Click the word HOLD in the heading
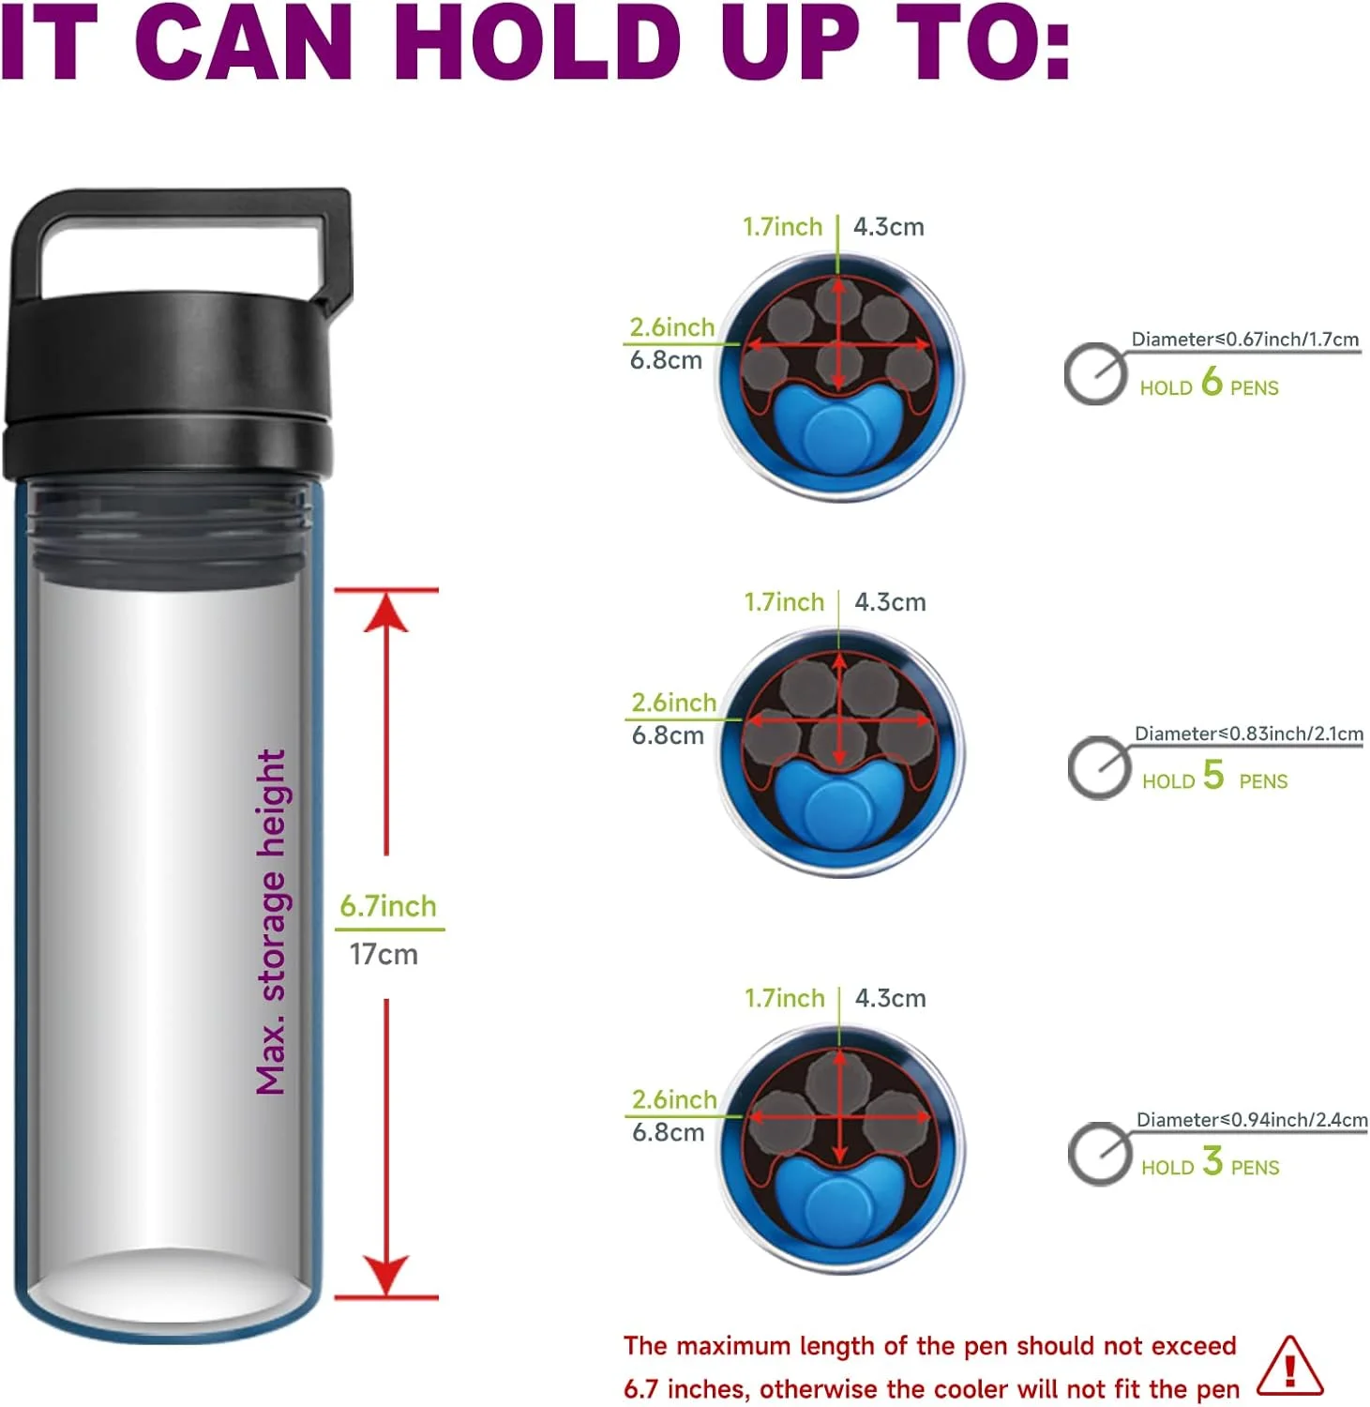click(x=538, y=42)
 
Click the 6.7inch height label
click(x=388, y=906)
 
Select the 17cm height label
click(x=384, y=955)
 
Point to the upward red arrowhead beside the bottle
click(x=386, y=612)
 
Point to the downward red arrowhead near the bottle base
click(x=386, y=1276)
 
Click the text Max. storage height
click(x=271, y=922)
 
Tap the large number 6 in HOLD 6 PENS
click(x=1212, y=381)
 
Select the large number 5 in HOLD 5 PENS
click(x=1213, y=774)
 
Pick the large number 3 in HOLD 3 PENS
click(x=1212, y=1160)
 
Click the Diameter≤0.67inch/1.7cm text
click(x=1244, y=339)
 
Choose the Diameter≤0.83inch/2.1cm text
click(x=1249, y=734)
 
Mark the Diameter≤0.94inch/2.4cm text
click(x=1252, y=1120)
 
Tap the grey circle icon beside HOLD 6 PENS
click(x=1095, y=374)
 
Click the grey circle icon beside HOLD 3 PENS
click(x=1100, y=1154)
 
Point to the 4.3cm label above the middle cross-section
click(x=890, y=602)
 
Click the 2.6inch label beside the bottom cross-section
click(x=674, y=1099)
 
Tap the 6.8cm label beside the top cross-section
click(x=666, y=360)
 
